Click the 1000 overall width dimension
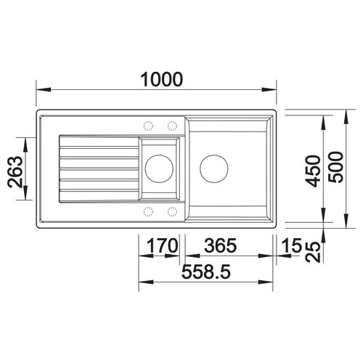pos(162,79)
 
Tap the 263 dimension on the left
pos(15,172)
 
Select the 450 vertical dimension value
pos(313,171)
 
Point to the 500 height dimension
pos(335,167)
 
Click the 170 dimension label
pos(163,245)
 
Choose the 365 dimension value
pos(220,245)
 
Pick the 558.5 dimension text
pos(206,272)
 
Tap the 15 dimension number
pos(293,245)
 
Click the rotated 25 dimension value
pos(313,252)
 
